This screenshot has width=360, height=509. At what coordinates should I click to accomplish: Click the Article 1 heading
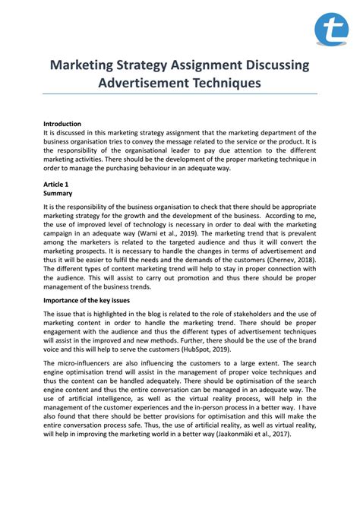(55, 184)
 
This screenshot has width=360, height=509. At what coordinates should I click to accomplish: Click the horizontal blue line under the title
(180, 94)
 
